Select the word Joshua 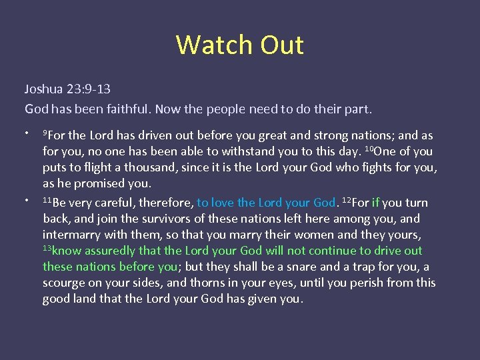[43, 89]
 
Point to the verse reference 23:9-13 [88, 89]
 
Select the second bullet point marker [27, 199]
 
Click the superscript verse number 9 [45, 133]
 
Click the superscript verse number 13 [47, 248]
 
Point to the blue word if [375, 203]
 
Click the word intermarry [71, 235]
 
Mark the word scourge [65, 283]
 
